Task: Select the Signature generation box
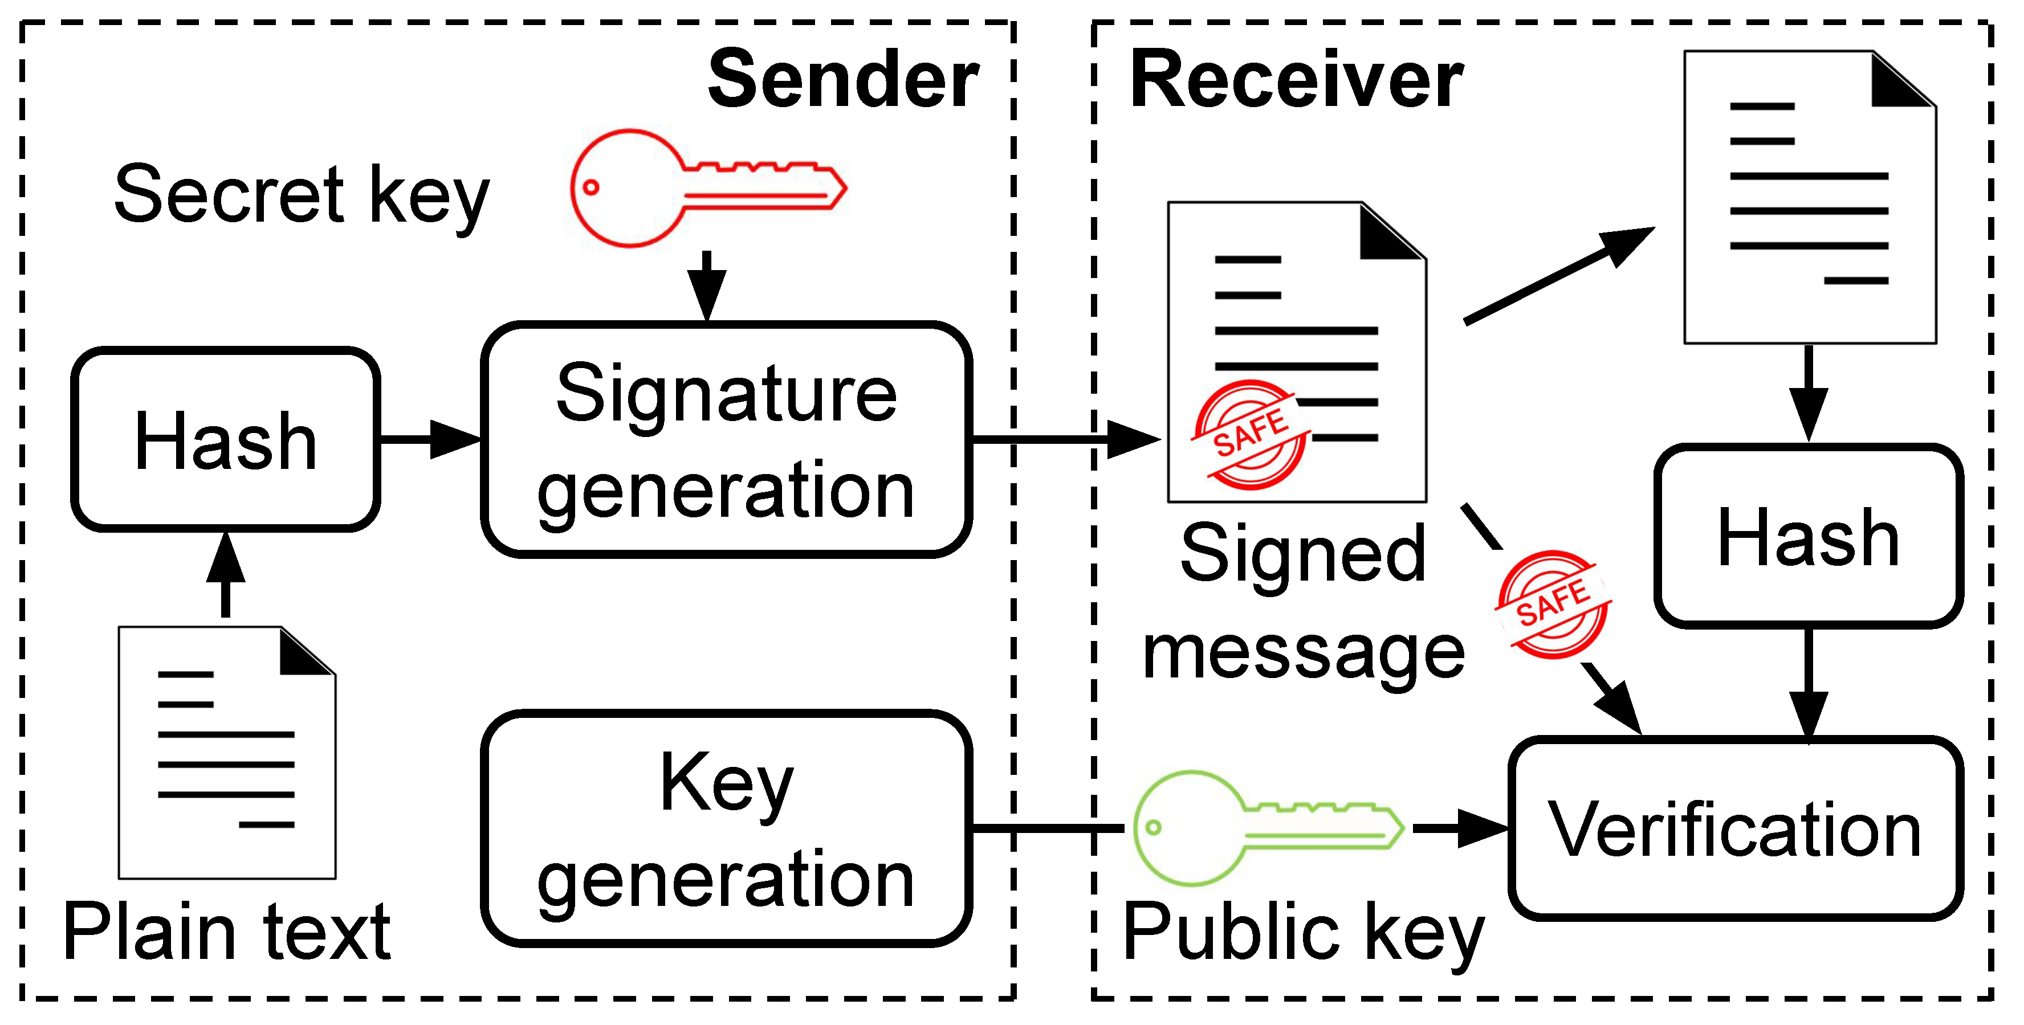[x=726, y=440]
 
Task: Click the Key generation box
[x=726, y=828]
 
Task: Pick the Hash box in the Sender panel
[x=226, y=440]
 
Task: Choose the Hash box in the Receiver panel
[x=1809, y=537]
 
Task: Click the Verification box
[x=1735, y=828]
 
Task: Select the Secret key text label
[x=302, y=195]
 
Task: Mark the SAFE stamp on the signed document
[x=1250, y=434]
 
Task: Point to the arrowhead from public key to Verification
[x=1480, y=828]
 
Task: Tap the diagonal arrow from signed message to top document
[x=1559, y=275]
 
